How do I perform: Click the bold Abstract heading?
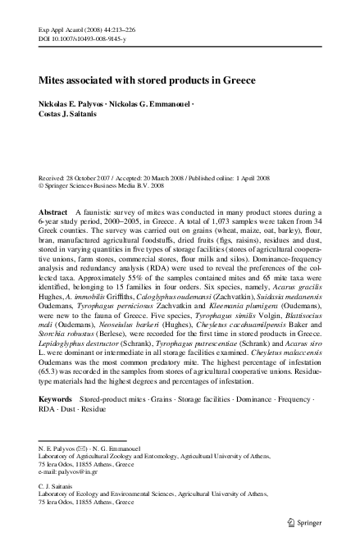[54, 212]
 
